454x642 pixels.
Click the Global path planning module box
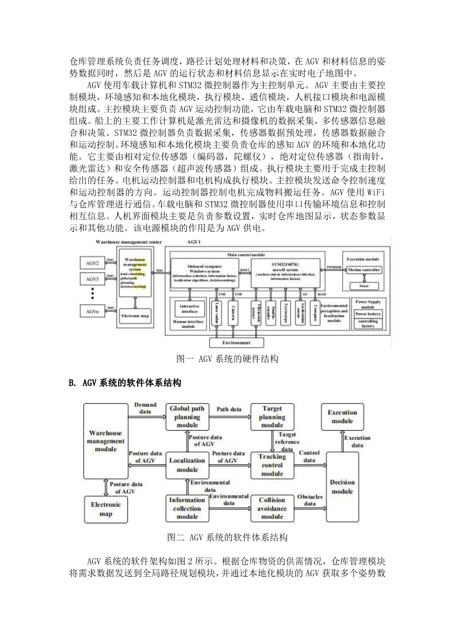tap(187, 417)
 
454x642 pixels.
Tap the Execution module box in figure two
tap(342, 417)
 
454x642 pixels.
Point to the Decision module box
tap(342, 487)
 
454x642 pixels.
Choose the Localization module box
tap(187, 464)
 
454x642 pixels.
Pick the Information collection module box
tap(187, 508)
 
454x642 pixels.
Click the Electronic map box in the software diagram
tap(106, 509)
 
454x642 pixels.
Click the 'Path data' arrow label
tap(229, 409)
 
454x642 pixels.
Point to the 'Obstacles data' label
tap(310, 500)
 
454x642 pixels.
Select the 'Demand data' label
tap(145, 408)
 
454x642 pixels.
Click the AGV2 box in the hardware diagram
tap(93, 263)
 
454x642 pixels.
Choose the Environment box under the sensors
tap(236, 342)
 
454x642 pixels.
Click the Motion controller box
tap(364, 270)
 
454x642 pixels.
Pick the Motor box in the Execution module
tap(364, 285)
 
